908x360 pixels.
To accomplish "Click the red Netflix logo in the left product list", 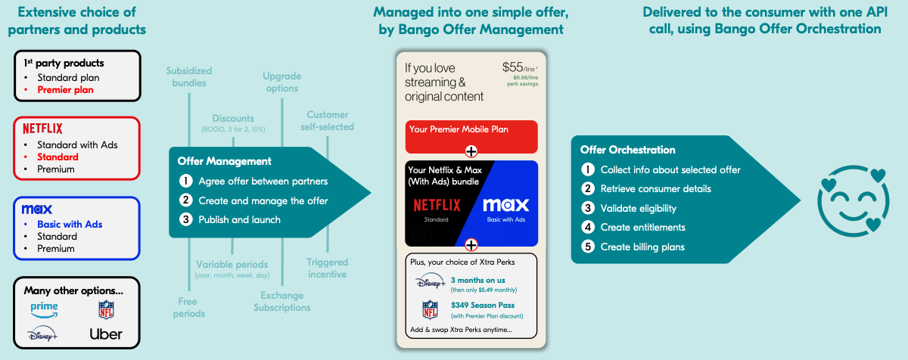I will pos(42,129).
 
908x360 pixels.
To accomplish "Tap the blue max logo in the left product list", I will pos(37,209).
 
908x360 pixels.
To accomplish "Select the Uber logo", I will pos(106,334).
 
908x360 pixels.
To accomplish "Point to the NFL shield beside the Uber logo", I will pos(106,309).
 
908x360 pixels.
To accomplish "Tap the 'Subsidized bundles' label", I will pos(189,76).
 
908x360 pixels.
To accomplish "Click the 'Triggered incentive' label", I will pos(327,268).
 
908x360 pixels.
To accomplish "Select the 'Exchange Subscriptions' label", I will pos(281,301).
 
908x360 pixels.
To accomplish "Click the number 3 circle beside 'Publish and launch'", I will pos(185,219).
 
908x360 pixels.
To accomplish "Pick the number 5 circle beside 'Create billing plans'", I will pos(587,247).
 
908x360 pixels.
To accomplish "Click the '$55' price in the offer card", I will pos(513,67).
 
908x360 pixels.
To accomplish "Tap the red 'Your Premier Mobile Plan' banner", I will pos(471,130).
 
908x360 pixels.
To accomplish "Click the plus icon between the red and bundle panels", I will pos(471,151).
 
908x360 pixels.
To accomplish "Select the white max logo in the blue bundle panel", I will pos(505,205).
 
